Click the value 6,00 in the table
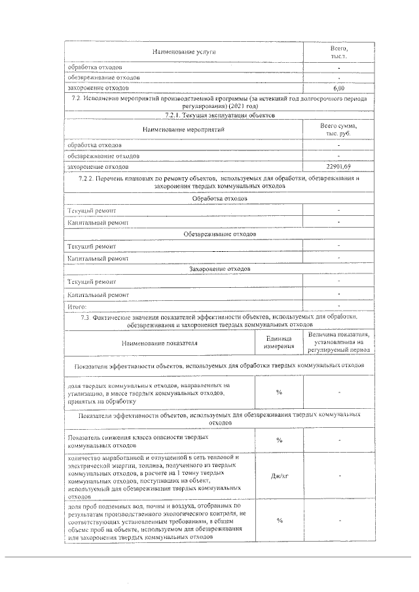(x=338, y=88)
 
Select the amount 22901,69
(x=338, y=167)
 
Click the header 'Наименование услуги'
(x=184, y=51)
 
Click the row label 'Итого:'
(x=77, y=305)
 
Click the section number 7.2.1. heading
(x=219, y=115)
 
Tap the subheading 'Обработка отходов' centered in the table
(x=219, y=198)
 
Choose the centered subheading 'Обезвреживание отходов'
(x=219, y=234)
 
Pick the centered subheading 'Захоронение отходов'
(x=219, y=269)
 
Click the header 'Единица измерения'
(x=279, y=341)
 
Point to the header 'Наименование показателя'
(x=159, y=342)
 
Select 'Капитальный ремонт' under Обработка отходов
(x=98, y=222)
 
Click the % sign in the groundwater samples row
(x=279, y=521)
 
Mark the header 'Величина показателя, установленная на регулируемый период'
(x=338, y=341)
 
